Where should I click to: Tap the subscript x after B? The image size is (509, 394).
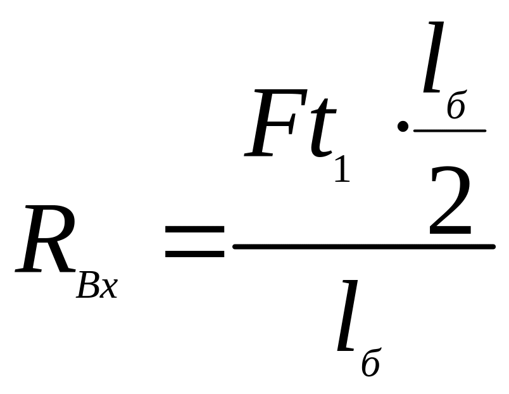coord(108,289)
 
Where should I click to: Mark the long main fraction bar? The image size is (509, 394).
coord(363,246)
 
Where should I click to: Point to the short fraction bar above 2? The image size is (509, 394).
coord(449,130)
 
